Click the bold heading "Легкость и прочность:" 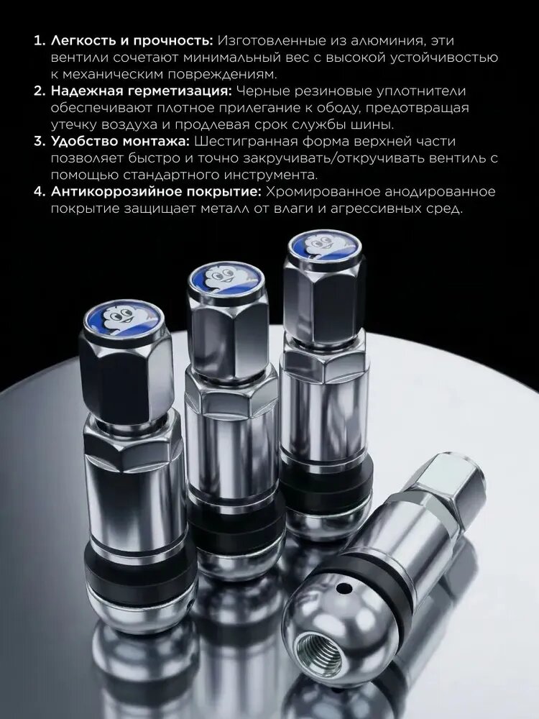click(x=132, y=41)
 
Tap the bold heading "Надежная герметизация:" click(x=142, y=91)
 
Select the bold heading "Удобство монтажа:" click(x=120, y=141)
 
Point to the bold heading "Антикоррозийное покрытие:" click(x=156, y=191)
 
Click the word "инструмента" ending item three click(x=270, y=175)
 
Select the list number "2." click(x=40, y=91)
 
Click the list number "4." click(x=40, y=191)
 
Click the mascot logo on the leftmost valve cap click(x=124, y=317)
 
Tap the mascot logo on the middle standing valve click(x=226, y=277)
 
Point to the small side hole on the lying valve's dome click(x=343, y=587)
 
